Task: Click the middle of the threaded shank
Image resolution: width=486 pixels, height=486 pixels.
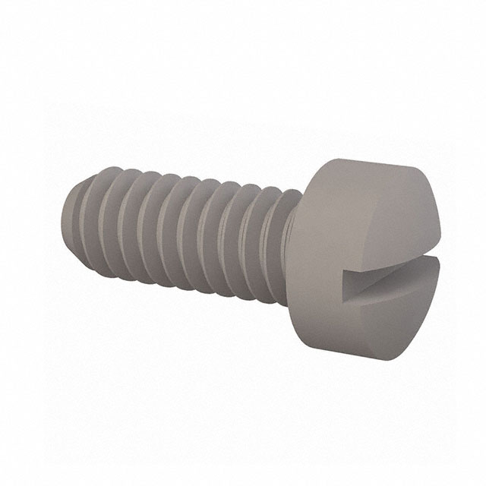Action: point(182,228)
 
